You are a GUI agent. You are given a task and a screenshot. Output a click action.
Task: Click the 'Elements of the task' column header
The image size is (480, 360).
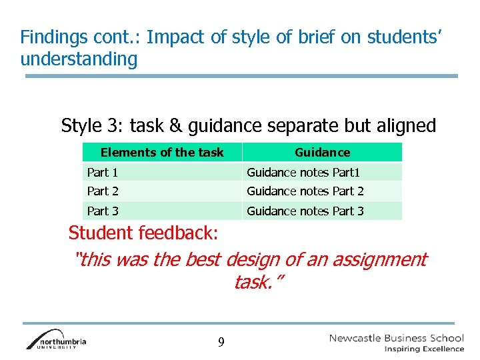[x=162, y=153]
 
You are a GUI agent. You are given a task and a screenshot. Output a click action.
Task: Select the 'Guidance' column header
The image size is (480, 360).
[x=322, y=153]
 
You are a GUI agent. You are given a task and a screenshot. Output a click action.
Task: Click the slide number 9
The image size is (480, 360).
[x=221, y=343]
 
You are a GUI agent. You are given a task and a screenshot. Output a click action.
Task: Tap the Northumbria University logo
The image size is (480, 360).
[x=56, y=339]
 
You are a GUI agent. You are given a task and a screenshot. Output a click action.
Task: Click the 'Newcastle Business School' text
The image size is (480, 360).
[x=396, y=338]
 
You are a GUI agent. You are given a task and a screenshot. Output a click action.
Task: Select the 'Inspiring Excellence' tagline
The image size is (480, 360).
[x=424, y=349]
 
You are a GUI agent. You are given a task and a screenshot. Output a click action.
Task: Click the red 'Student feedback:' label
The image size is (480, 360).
[x=143, y=234]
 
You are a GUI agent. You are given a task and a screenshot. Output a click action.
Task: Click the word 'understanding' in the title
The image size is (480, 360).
[x=79, y=59]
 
